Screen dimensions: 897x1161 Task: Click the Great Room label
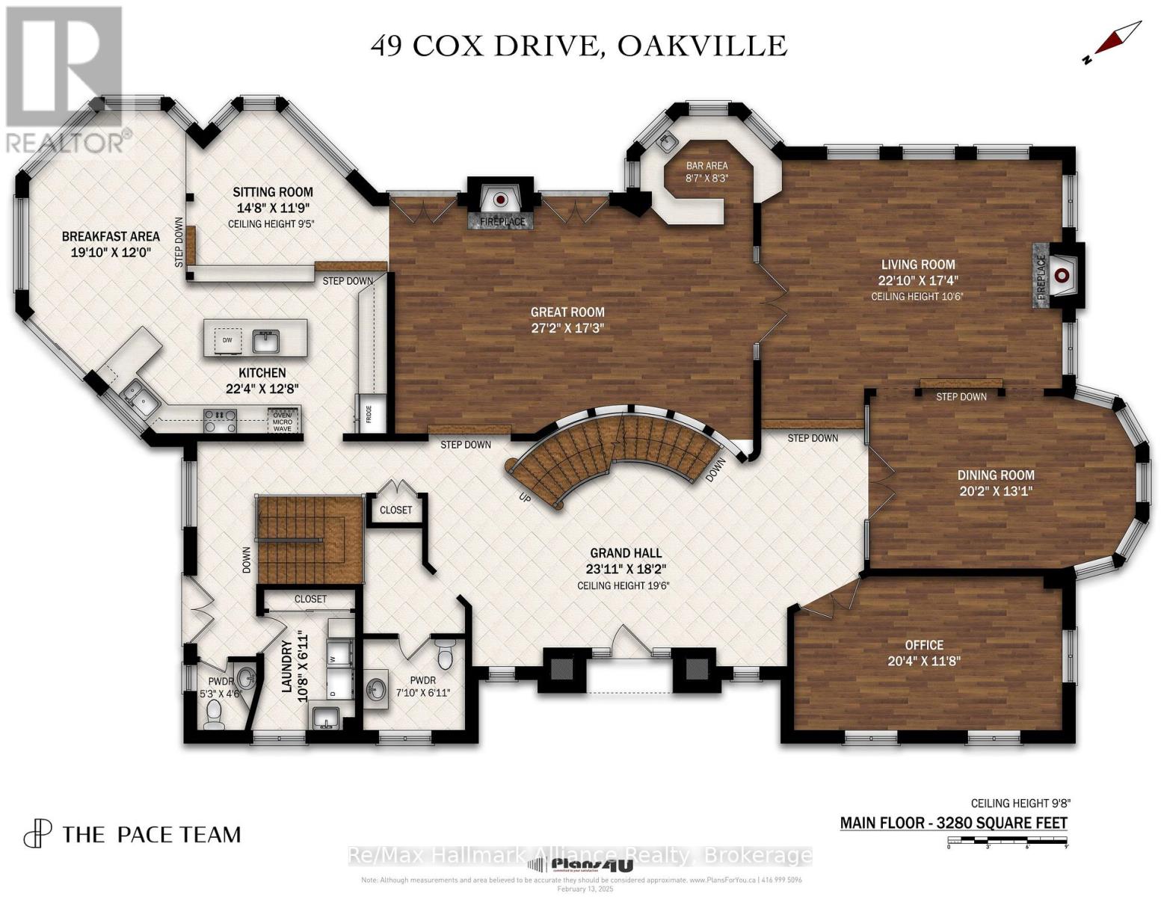click(567, 312)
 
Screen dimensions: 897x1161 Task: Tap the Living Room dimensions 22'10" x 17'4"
click(917, 280)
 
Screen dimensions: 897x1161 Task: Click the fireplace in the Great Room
click(500, 200)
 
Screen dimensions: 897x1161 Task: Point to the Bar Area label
click(706, 165)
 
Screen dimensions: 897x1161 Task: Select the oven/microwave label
click(282, 420)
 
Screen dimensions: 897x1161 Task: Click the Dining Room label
click(996, 475)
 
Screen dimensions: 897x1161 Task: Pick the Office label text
click(924, 644)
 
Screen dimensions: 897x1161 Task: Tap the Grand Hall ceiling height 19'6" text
click(623, 585)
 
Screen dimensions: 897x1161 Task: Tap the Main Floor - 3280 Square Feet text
click(953, 823)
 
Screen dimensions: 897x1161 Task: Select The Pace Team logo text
click(151, 834)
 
